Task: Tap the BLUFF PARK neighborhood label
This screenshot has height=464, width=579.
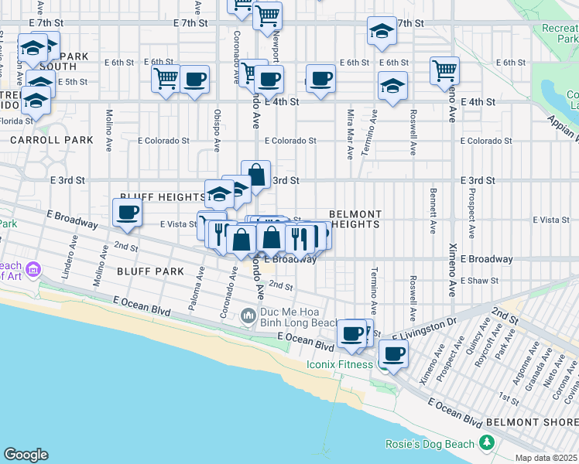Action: click(x=151, y=271)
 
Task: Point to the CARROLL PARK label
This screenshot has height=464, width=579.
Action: click(x=51, y=140)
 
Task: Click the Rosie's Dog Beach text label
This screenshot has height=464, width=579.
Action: click(x=430, y=444)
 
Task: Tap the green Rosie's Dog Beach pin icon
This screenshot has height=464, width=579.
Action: click(x=486, y=443)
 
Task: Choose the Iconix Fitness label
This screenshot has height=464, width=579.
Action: click(x=338, y=364)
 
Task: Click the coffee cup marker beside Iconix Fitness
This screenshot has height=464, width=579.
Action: click(x=393, y=355)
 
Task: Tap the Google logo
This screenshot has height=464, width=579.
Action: click(x=26, y=455)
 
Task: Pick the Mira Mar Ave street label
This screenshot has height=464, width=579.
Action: click(x=350, y=134)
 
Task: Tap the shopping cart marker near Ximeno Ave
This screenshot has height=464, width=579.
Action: click(x=445, y=71)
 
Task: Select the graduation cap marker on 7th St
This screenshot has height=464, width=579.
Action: click(x=381, y=32)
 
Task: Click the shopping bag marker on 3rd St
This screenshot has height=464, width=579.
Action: click(x=255, y=176)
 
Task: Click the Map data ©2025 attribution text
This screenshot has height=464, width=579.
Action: click(x=546, y=458)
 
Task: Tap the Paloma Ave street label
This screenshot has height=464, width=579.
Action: click(x=196, y=288)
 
